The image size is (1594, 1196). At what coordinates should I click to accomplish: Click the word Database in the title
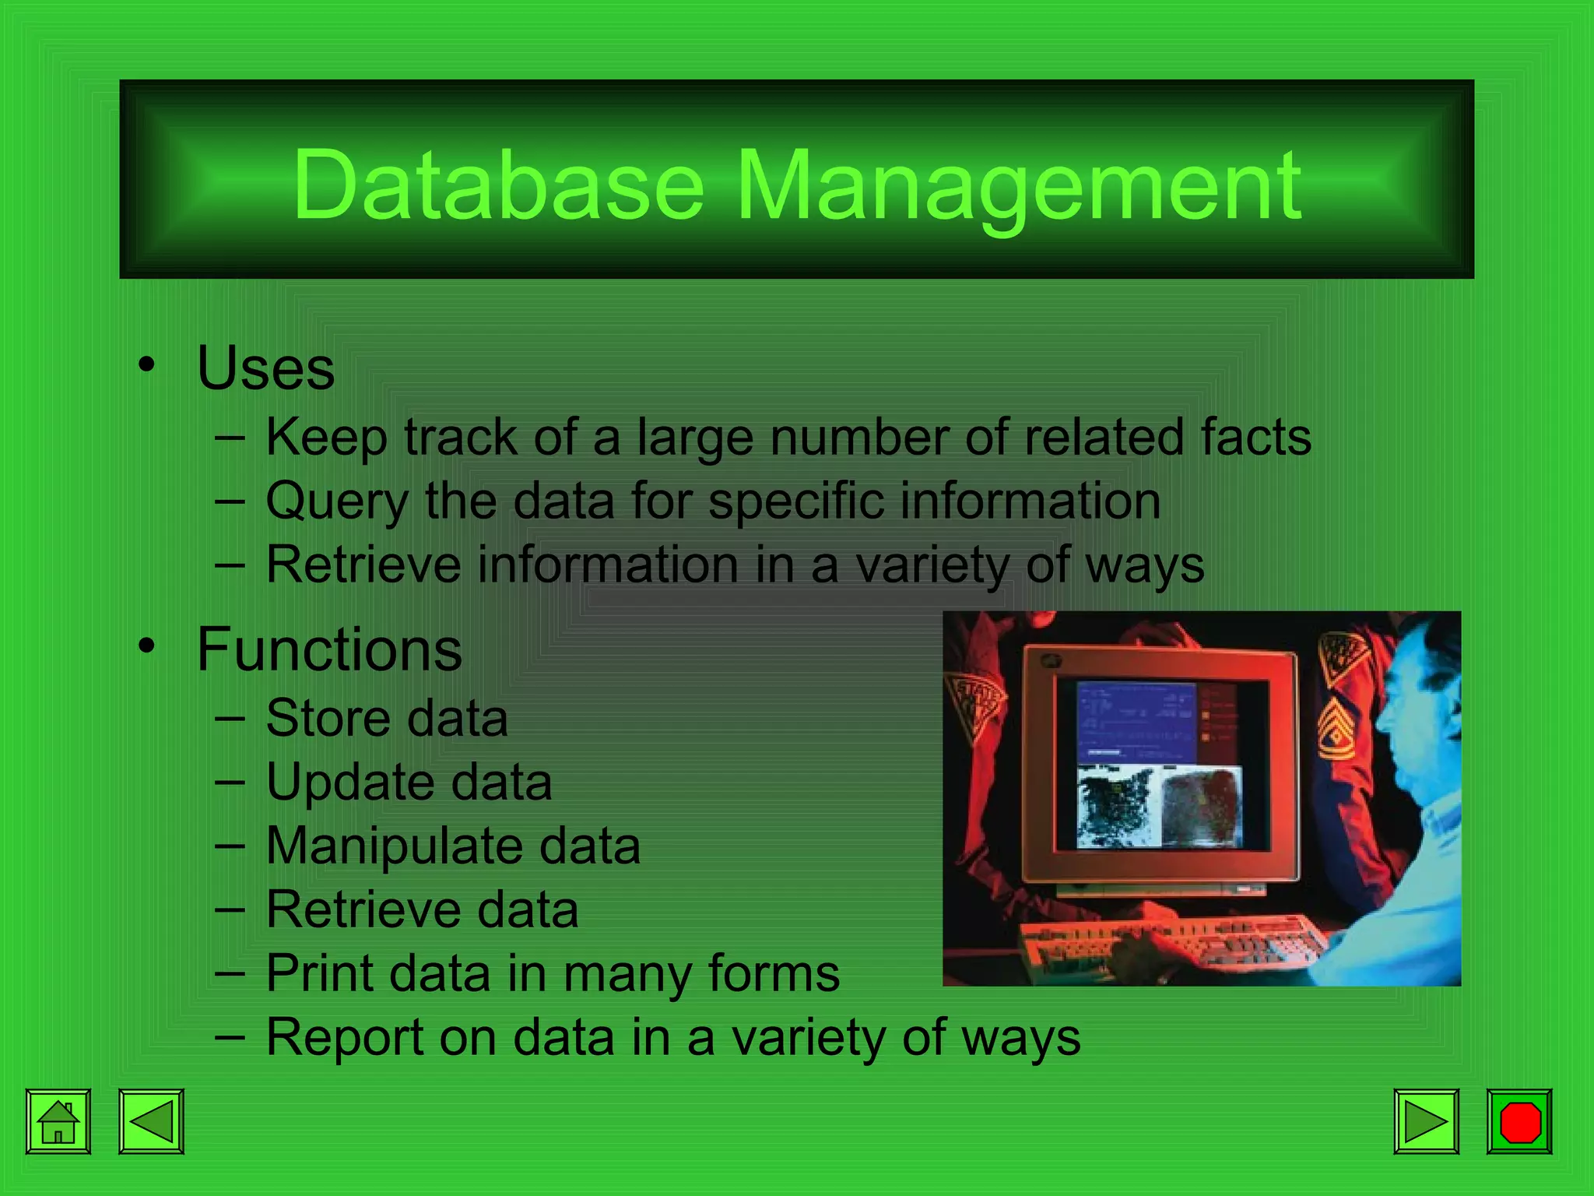[498, 185]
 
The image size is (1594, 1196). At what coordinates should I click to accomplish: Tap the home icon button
[58, 1121]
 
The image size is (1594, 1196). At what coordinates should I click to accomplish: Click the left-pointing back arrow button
[151, 1121]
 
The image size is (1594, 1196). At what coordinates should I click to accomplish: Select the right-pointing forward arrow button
[1426, 1121]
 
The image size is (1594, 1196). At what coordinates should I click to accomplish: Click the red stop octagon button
[1519, 1121]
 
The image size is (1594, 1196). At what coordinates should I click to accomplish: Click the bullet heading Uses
[265, 368]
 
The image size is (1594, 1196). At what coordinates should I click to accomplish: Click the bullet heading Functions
[329, 649]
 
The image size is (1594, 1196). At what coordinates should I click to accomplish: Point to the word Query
[336, 501]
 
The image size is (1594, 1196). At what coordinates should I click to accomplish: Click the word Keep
[326, 438]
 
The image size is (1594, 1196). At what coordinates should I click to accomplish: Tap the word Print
[318, 973]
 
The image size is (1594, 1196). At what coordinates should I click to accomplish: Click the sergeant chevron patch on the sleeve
[1336, 732]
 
